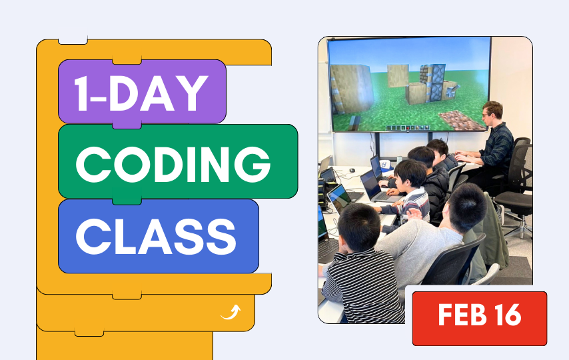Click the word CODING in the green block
173,164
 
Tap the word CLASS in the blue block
156,237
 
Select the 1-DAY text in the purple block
141,93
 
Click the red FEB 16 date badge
479,318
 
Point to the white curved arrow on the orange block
231,313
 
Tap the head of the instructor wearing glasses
492,112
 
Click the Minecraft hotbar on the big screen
408,127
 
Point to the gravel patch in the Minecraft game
461,121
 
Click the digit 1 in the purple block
81,93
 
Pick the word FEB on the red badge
462,315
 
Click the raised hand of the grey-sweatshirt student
414,214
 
